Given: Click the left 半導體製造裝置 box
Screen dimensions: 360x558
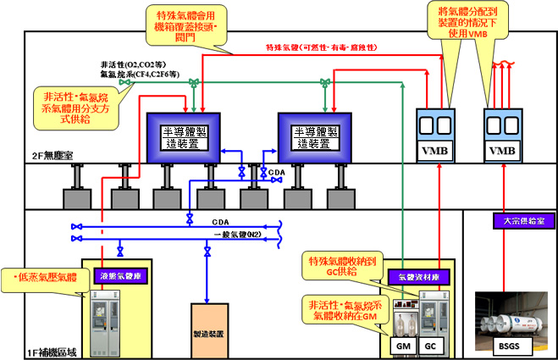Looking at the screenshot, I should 184,133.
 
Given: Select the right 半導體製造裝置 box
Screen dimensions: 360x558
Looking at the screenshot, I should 316,133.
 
